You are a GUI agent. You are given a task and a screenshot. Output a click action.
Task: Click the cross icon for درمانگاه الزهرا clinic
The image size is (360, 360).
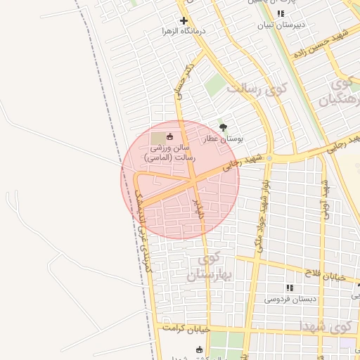pyautogui.click(x=184, y=20)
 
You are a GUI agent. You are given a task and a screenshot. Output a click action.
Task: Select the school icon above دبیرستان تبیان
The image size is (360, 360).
pyautogui.click(x=281, y=13)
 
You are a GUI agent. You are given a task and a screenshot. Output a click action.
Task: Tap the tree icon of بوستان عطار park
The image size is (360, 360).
pyautogui.click(x=224, y=127)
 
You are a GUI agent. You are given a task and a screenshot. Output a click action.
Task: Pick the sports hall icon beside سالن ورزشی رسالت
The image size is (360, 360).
pyautogui.click(x=172, y=135)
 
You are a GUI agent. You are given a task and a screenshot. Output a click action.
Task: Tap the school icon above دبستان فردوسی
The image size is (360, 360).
pyautogui.click(x=289, y=288)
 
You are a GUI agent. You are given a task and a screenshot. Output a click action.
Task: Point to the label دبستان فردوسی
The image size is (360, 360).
pyautogui.click(x=290, y=299)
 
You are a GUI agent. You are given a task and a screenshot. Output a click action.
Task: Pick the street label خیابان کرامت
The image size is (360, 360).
pyautogui.click(x=186, y=328)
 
